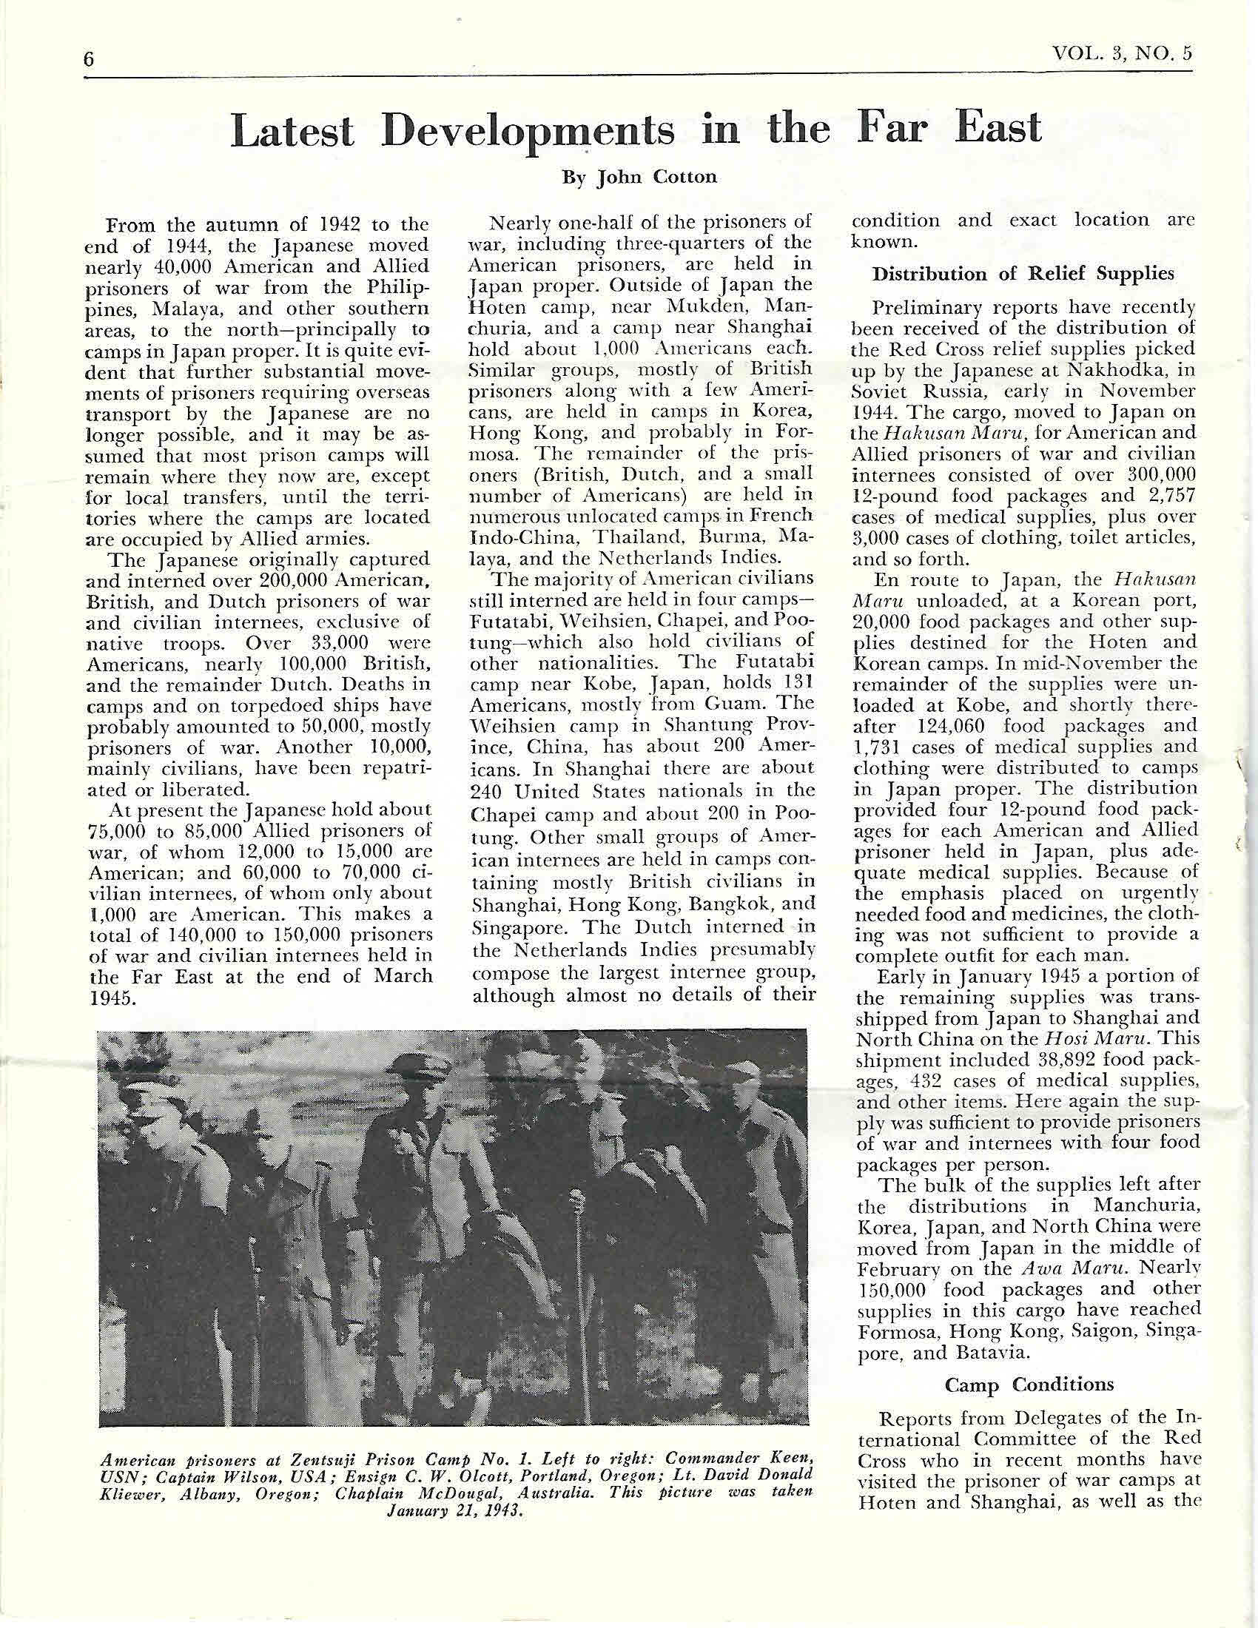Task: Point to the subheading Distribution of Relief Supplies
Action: (x=1023, y=274)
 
